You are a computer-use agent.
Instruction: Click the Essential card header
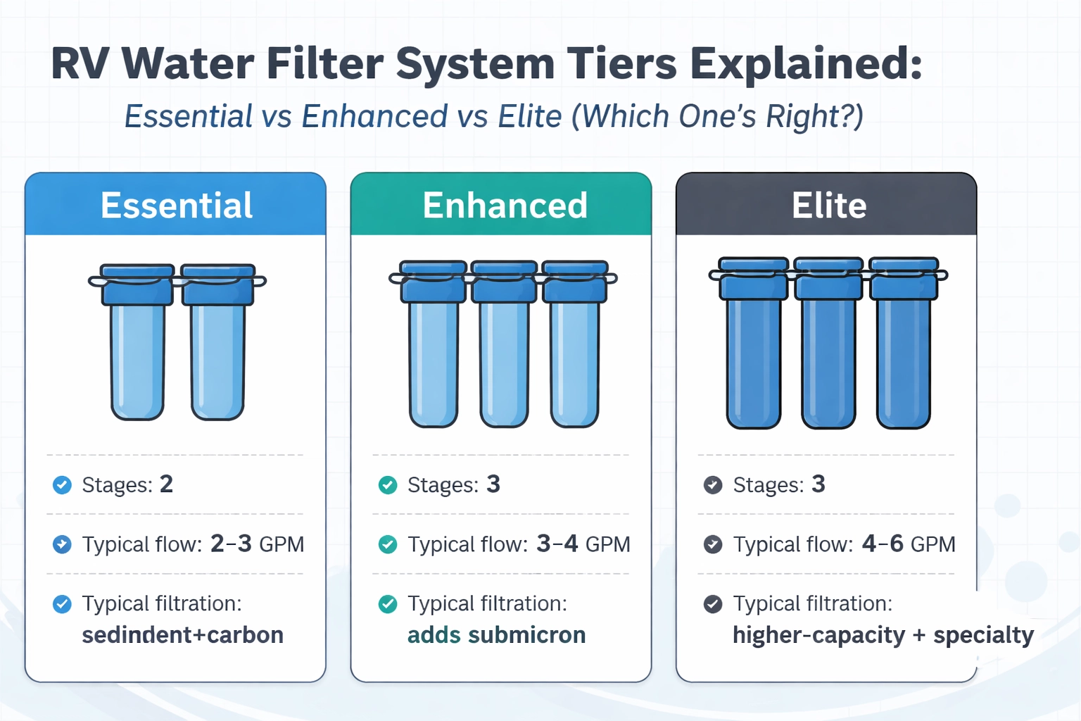[176, 205]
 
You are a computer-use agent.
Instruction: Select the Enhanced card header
[505, 205]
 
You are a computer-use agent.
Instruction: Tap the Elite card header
[828, 205]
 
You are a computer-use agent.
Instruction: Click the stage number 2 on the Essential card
[166, 484]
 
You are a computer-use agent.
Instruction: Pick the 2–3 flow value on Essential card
[231, 544]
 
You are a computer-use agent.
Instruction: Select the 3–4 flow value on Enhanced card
[557, 544]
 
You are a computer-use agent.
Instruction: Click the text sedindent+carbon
[182, 635]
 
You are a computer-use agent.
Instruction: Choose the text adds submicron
[496, 635]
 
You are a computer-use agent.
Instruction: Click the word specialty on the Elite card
[983, 635]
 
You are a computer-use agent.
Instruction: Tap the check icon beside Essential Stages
[62, 485]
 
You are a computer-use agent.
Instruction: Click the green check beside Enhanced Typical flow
[388, 544]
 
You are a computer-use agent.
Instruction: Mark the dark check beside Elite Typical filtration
[713, 604]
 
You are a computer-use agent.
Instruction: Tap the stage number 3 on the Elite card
[818, 484]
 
